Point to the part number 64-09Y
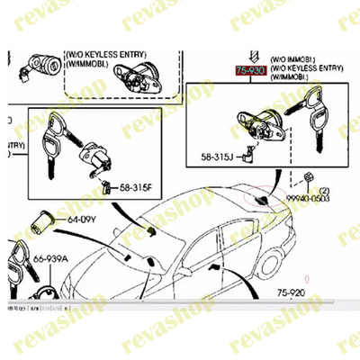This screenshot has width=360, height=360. point(81,219)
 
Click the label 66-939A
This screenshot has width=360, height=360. point(52,259)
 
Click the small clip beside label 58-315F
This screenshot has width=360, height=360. point(108,187)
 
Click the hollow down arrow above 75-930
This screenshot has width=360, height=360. point(250,52)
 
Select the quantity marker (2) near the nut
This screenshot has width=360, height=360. point(326,190)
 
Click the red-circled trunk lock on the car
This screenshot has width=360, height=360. point(260,196)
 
